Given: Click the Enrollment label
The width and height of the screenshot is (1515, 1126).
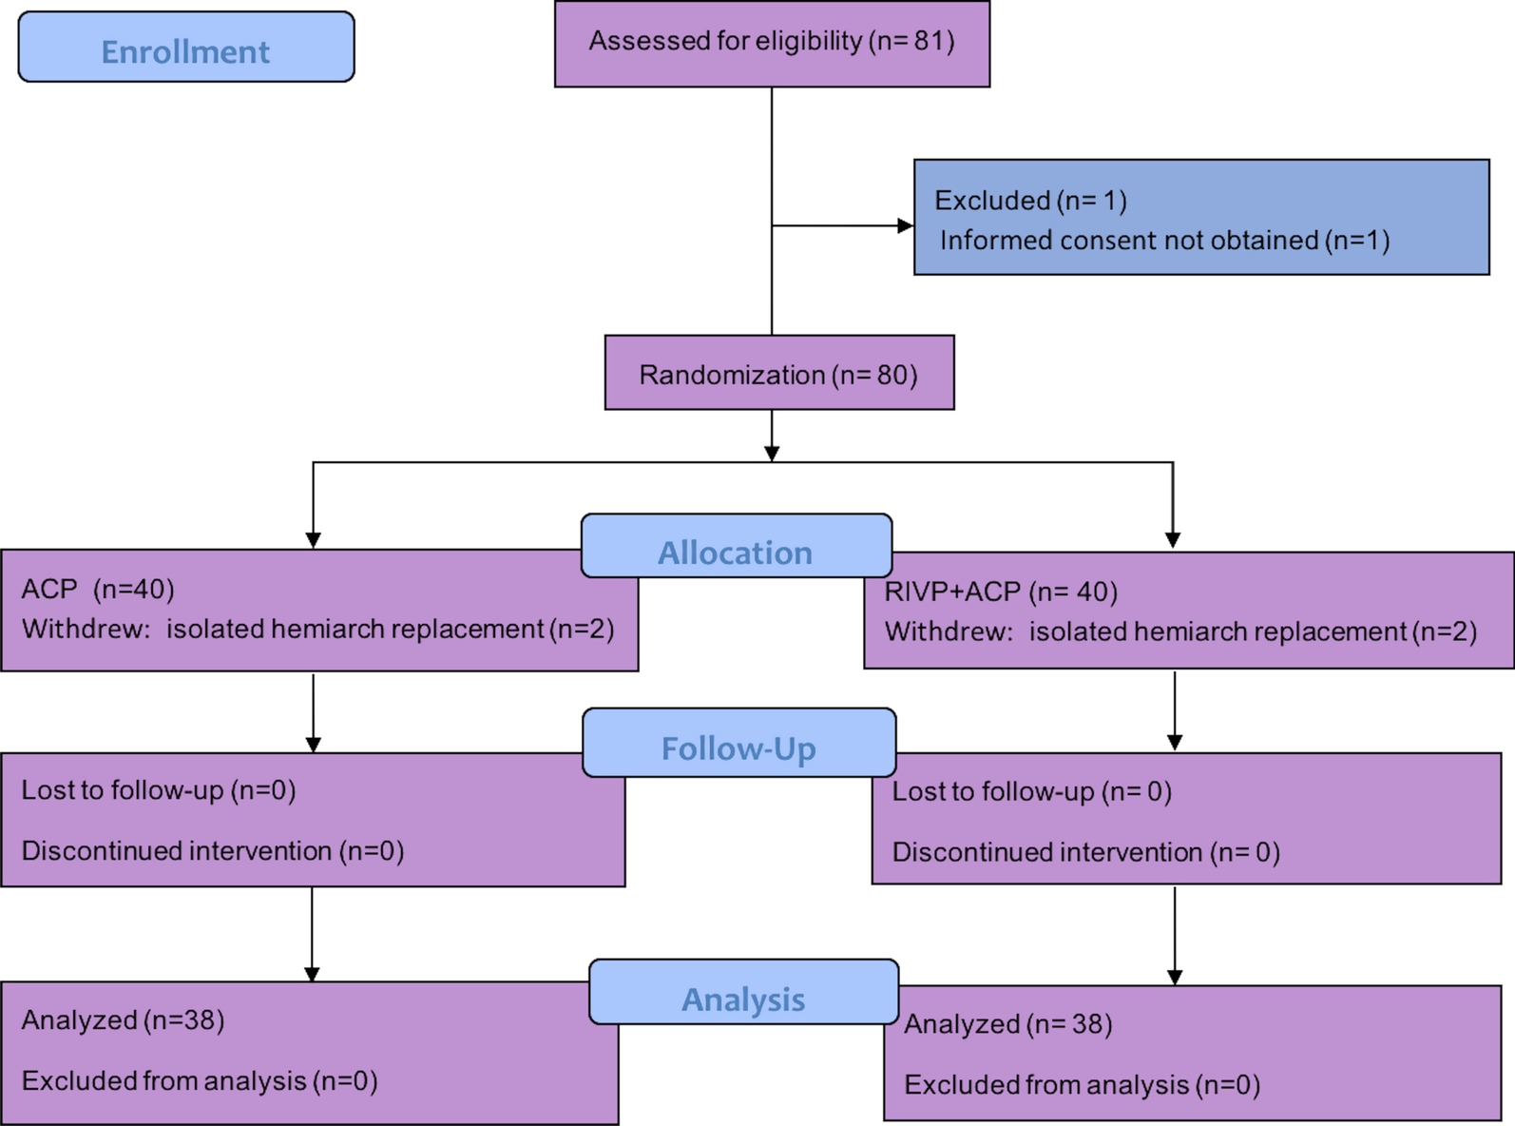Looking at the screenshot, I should (x=185, y=51).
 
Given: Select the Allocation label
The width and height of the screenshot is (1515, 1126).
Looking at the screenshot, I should (x=736, y=553).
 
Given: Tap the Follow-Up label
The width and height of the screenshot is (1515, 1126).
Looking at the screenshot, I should (x=738, y=748).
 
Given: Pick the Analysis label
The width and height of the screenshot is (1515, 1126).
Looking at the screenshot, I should (x=743, y=999).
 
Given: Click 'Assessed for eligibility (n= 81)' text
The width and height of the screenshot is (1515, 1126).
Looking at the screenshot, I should (x=772, y=41).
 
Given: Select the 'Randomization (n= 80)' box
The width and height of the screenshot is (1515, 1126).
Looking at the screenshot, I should (x=778, y=374).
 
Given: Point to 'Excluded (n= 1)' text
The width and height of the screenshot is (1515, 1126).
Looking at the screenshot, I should (x=1030, y=201).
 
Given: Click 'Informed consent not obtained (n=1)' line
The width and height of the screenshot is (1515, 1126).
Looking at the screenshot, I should (x=1164, y=241).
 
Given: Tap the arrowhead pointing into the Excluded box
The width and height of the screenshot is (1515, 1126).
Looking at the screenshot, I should (x=905, y=226).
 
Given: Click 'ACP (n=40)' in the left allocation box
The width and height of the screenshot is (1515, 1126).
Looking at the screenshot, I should (x=98, y=590).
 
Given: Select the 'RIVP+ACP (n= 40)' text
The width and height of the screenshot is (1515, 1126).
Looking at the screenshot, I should (x=1001, y=592).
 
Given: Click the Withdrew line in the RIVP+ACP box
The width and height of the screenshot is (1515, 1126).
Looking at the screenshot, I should (x=1180, y=632).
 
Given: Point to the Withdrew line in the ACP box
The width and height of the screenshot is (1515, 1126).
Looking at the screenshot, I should (x=317, y=630).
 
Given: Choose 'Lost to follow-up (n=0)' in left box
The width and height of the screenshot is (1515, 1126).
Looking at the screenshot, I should (x=159, y=790).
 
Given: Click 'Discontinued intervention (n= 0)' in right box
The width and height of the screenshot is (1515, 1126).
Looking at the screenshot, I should (x=1085, y=852).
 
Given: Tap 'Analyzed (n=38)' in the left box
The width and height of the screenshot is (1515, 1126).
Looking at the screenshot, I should (x=123, y=1020).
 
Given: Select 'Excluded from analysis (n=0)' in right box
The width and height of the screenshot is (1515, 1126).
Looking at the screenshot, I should (x=1082, y=1085).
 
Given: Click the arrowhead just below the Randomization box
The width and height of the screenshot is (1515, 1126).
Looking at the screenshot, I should (x=772, y=453).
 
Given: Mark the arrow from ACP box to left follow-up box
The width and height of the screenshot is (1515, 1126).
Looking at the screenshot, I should (x=313, y=713).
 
